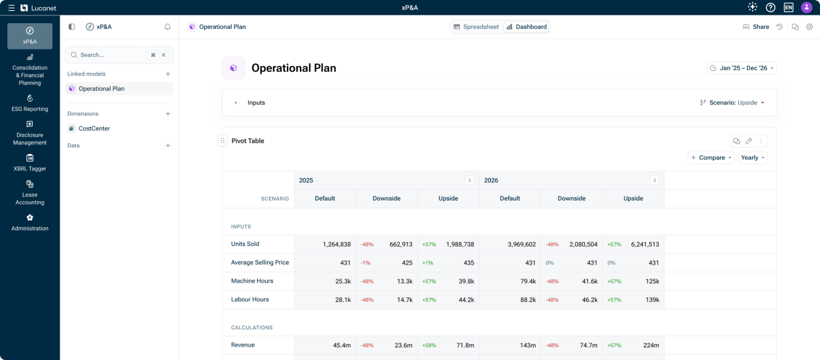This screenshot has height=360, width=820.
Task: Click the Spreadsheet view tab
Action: point(476,27)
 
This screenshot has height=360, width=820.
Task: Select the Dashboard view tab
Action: point(526,27)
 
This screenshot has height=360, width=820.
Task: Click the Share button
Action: point(756,27)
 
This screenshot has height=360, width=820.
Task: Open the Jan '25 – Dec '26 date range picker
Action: point(742,68)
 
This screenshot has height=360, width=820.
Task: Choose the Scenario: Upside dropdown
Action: point(732,102)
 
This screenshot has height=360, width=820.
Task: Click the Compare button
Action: point(711,158)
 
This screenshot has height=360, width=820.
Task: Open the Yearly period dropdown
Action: point(753,158)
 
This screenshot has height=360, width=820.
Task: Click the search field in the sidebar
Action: point(109,55)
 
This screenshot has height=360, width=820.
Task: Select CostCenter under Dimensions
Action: point(94,129)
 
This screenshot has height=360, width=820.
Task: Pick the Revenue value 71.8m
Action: point(464,345)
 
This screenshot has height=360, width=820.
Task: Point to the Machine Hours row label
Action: point(252,281)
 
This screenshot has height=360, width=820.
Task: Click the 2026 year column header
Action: point(491,181)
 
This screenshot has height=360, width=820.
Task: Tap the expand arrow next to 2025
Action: point(470,181)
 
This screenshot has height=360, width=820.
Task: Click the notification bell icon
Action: point(168,27)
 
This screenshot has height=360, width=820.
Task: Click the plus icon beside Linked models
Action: point(168,74)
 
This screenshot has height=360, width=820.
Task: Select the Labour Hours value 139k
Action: point(652,300)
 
